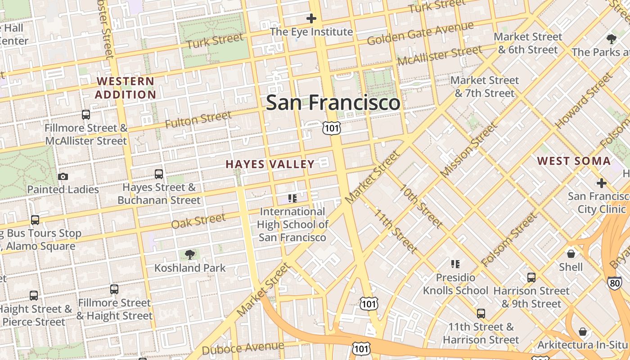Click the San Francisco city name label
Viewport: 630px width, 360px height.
(333, 103)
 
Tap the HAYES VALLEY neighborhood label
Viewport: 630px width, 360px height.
(270, 164)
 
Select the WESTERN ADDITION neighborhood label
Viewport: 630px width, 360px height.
(126, 88)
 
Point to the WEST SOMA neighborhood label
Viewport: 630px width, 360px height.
(574, 161)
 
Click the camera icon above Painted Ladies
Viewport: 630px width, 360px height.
(63, 176)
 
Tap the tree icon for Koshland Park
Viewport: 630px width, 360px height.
(190, 255)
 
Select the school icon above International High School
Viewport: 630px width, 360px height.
(292, 198)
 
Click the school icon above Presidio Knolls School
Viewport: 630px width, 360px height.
(455, 264)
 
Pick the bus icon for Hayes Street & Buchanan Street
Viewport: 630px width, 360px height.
(158, 174)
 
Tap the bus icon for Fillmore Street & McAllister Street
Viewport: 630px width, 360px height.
(86, 114)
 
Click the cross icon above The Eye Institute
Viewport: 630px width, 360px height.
(311, 18)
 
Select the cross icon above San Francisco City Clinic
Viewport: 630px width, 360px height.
(602, 183)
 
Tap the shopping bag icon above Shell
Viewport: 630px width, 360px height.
(571, 254)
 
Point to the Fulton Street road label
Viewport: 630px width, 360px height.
(198, 120)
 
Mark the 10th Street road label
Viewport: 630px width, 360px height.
(422, 206)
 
